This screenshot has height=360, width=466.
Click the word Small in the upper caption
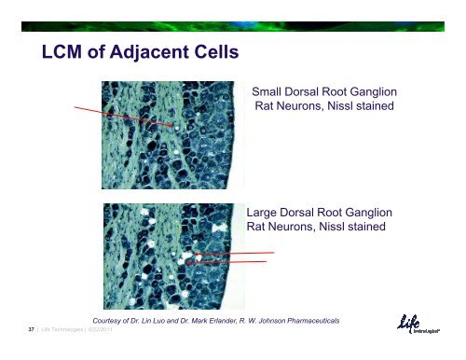(x=271, y=92)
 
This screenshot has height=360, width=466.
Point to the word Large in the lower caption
(x=266, y=212)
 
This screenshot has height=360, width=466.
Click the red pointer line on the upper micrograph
(x=121, y=116)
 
